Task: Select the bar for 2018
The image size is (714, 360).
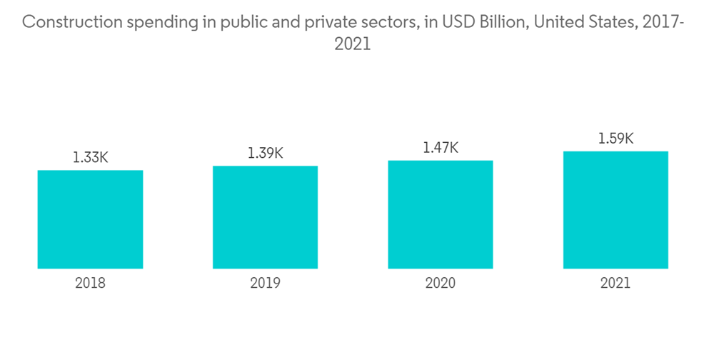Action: tap(90, 219)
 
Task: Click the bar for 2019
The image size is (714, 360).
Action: tap(265, 217)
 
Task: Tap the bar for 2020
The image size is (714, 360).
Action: tap(441, 214)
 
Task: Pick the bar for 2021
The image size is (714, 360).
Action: tap(615, 210)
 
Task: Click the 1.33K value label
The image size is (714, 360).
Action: tap(90, 158)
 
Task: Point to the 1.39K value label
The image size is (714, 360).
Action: tap(265, 153)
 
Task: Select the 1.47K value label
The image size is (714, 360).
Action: tap(441, 148)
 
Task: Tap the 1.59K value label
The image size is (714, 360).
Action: tap(615, 139)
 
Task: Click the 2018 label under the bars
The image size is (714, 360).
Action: tap(90, 284)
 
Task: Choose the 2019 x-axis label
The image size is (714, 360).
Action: tap(265, 284)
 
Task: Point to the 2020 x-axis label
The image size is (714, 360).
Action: tap(441, 284)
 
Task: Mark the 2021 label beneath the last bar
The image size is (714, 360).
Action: tap(615, 284)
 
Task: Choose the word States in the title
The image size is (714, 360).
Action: tap(609, 22)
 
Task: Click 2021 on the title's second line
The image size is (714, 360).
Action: tap(353, 44)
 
